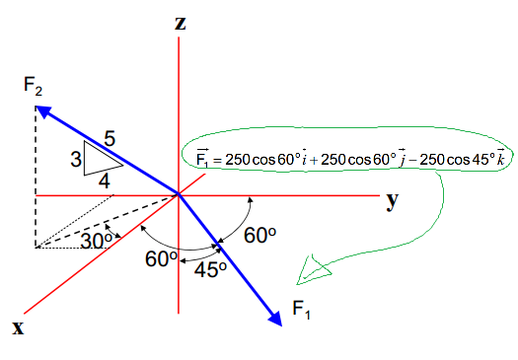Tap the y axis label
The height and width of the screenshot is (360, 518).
393,200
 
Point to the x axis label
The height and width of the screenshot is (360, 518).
18,327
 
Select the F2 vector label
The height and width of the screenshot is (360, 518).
35,85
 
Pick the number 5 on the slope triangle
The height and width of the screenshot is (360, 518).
110,139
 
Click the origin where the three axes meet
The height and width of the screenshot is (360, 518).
180,194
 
